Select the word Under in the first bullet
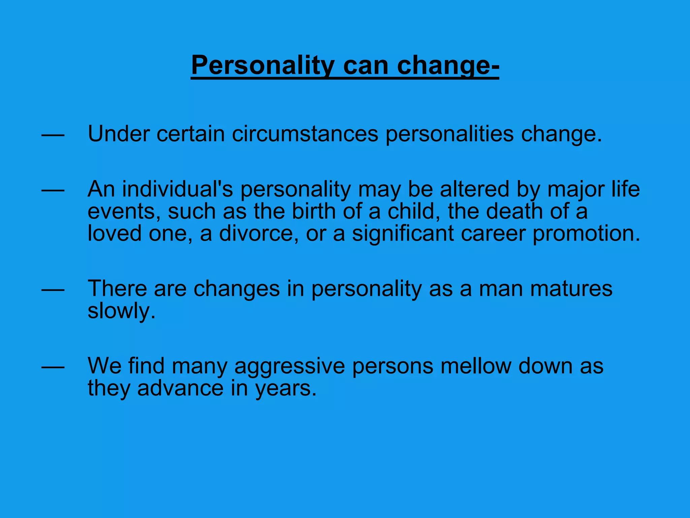(119, 134)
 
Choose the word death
(514, 211)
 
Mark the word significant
(403, 233)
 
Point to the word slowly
(122, 311)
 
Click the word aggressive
(290, 366)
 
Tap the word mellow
(476, 366)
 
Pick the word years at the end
(286, 388)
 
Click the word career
(493, 233)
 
